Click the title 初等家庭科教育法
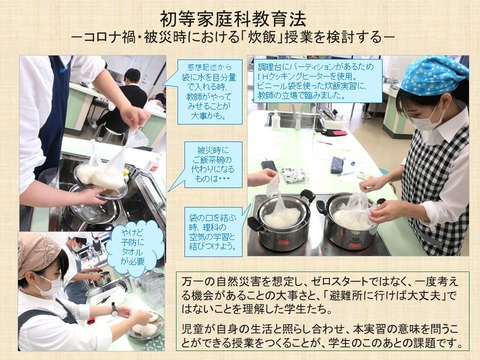pos(240,16)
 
